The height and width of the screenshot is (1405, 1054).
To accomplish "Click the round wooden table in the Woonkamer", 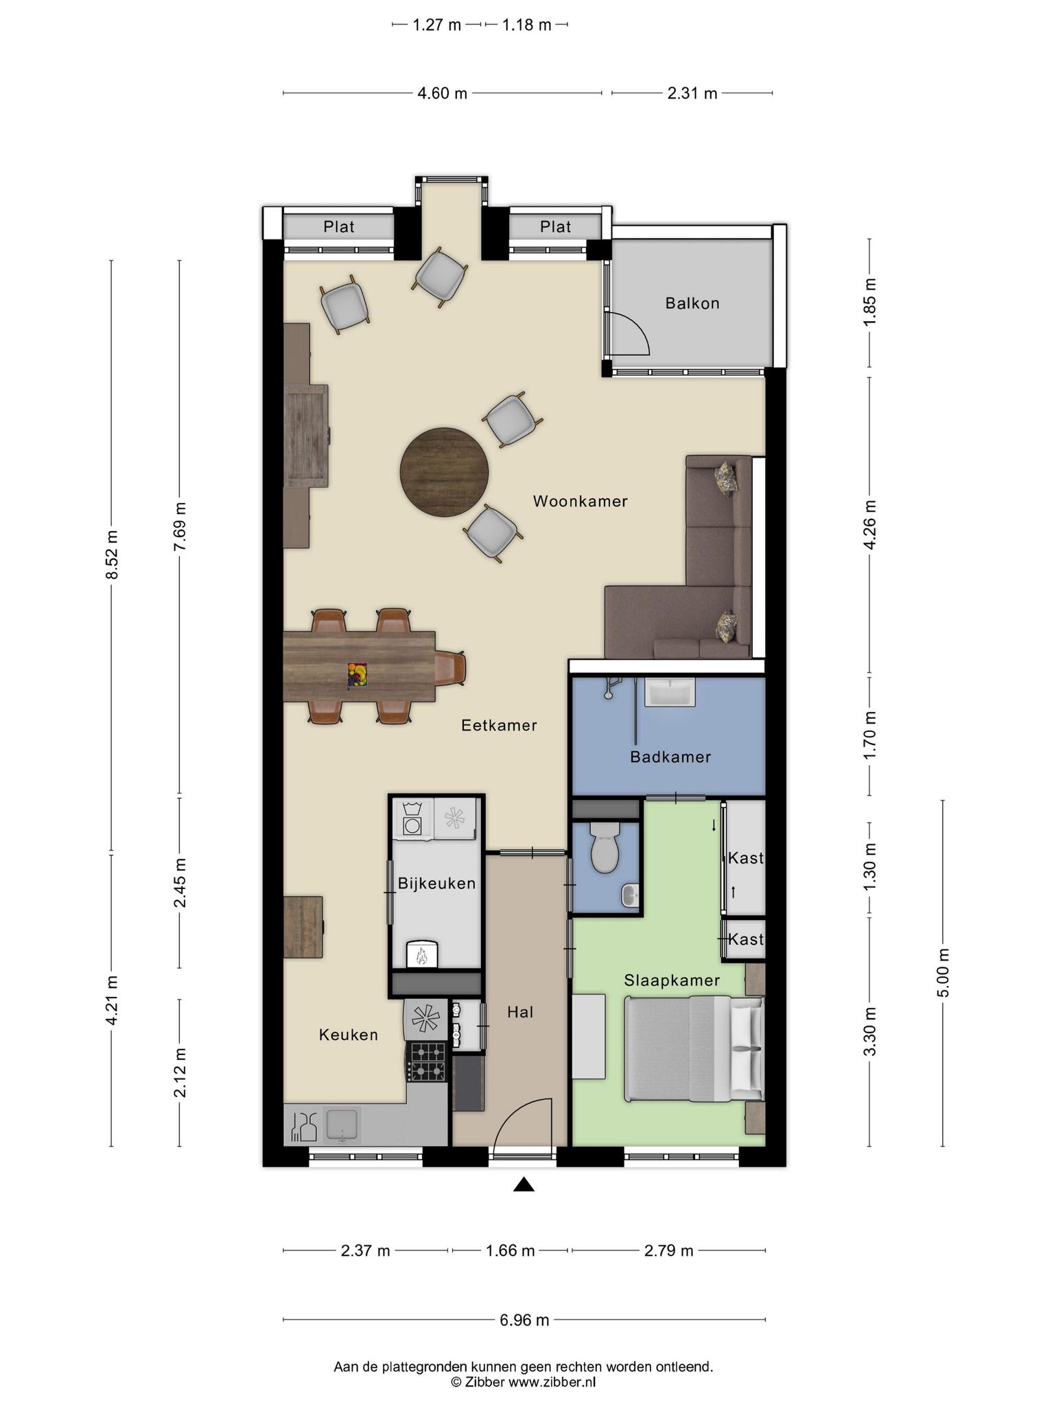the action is pyautogui.click(x=445, y=473).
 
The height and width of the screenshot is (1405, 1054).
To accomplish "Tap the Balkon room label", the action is pyautogui.click(x=692, y=303).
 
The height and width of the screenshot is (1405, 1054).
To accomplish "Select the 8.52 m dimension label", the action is pyautogui.click(x=113, y=554).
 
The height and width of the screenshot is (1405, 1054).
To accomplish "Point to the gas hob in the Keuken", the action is pyautogui.click(x=427, y=1062).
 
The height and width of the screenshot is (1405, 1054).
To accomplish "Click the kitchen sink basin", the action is pyautogui.click(x=342, y=1125).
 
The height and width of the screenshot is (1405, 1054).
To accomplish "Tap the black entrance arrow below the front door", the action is pyautogui.click(x=524, y=1184).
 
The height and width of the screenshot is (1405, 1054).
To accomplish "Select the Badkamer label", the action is pyautogui.click(x=670, y=757).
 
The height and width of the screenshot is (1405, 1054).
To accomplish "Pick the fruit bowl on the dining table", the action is pyautogui.click(x=358, y=674).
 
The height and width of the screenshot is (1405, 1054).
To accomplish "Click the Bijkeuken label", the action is pyautogui.click(x=436, y=884).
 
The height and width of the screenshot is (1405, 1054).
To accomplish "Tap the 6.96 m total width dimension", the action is pyautogui.click(x=525, y=1320).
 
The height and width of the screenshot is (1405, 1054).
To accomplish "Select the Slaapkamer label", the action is pyautogui.click(x=672, y=981).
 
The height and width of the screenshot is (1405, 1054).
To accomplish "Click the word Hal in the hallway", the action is pyautogui.click(x=520, y=1012).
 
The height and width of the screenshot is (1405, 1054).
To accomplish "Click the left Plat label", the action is pyautogui.click(x=339, y=227).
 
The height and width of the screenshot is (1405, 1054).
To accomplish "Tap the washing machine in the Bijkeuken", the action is pyautogui.click(x=412, y=819).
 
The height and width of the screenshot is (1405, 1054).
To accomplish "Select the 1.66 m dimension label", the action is pyautogui.click(x=510, y=1251).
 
